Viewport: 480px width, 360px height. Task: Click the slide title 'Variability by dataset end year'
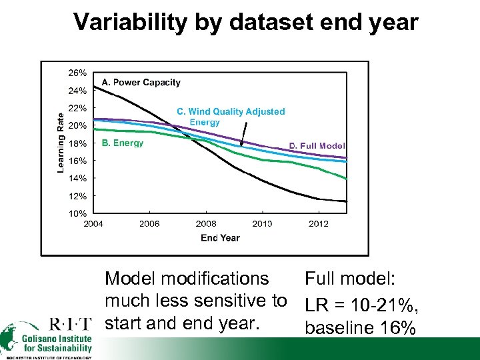pos(245,22)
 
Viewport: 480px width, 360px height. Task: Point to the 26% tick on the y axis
pos(77,72)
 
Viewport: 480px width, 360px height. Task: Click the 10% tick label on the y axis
pos(77,213)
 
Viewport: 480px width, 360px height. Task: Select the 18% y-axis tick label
pos(77,143)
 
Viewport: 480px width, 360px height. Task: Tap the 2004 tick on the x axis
pos(93,224)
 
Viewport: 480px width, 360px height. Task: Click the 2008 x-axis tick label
pos(206,224)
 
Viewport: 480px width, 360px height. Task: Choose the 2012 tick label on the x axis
pos(319,224)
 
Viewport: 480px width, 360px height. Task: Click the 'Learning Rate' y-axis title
pos(61,142)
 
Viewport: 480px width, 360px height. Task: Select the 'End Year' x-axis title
pos(220,237)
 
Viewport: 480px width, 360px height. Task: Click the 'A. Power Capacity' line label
pos(141,83)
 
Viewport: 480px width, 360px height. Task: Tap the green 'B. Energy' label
pos(122,143)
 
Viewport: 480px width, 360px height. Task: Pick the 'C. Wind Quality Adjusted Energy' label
pos(230,117)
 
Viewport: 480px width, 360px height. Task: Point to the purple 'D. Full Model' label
pos(317,146)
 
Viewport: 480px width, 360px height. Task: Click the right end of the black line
pos(347,201)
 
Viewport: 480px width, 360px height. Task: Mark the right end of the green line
pos(347,179)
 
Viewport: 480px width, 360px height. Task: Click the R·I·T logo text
pos(71,325)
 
